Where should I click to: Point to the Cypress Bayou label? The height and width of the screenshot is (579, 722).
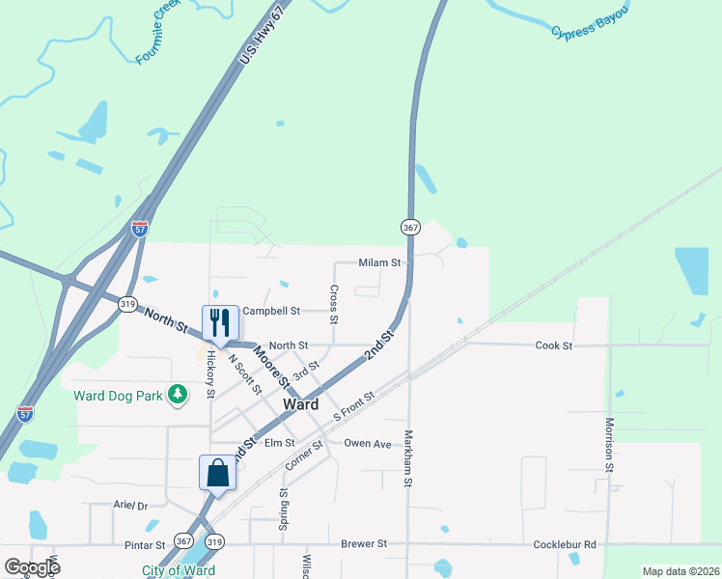click(x=590, y=22)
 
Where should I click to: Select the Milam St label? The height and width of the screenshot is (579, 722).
click(x=379, y=262)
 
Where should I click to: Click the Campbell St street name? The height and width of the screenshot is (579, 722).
click(x=272, y=311)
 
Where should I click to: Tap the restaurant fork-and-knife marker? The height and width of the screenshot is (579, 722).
click(x=220, y=321)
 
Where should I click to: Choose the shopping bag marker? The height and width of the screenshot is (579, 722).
click(x=217, y=472)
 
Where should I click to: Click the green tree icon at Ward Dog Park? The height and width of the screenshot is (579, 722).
click(x=178, y=394)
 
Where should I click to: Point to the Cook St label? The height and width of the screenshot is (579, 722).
click(x=554, y=345)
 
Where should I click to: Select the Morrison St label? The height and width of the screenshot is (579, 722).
click(x=610, y=445)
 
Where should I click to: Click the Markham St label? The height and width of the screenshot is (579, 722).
click(x=408, y=458)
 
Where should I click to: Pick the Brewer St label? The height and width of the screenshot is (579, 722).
click(x=364, y=544)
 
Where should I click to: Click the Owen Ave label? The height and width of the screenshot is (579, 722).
click(x=368, y=444)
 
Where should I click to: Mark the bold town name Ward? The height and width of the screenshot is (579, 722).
click(x=300, y=405)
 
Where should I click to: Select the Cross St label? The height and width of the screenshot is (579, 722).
click(x=333, y=304)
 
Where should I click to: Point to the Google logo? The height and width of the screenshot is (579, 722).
click(x=32, y=567)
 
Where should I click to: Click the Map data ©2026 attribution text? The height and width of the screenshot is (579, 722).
click(x=680, y=571)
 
